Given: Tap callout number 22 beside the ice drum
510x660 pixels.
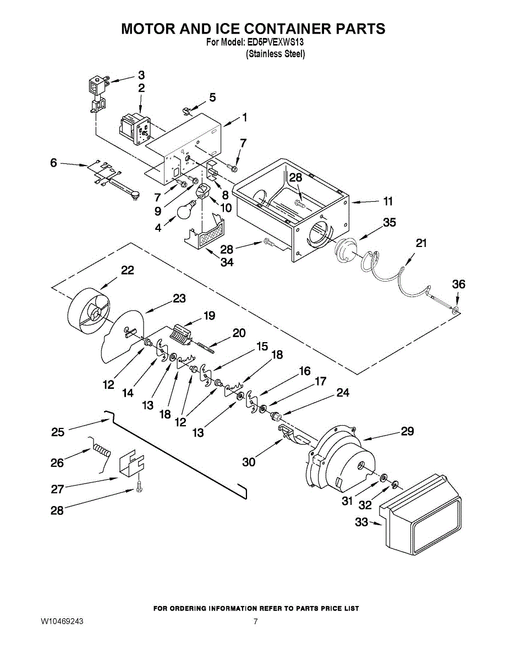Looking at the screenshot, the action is click(x=128, y=270).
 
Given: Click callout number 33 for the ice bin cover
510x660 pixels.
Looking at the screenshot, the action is click(x=361, y=522).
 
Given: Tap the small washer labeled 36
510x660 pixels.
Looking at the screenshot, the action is click(x=456, y=310).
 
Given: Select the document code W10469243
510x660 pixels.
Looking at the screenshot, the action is click(x=62, y=621).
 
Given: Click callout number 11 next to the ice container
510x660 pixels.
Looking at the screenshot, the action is click(x=388, y=201).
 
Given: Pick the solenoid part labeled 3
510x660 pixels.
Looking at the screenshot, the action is click(x=97, y=95).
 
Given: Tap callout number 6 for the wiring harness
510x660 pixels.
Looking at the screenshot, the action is click(x=53, y=163).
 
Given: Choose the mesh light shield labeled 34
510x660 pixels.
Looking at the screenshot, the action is click(x=205, y=232).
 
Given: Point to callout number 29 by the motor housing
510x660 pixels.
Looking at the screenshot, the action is click(x=407, y=431).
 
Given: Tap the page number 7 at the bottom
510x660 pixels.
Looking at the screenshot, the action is click(x=255, y=621).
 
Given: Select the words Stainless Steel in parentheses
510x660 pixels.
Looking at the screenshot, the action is click(x=276, y=54).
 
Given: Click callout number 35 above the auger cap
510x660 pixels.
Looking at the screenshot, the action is click(x=390, y=222).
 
